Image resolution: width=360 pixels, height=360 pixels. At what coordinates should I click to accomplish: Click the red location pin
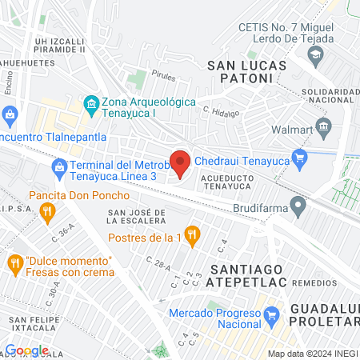click(x=180, y=162)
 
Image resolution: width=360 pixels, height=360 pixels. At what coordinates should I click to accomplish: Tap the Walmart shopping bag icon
click(x=324, y=126)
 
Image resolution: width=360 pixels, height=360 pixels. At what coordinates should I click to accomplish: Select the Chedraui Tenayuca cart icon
click(x=300, y=157)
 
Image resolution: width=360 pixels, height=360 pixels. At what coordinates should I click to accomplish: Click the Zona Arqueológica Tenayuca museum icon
click(x=90, y=104)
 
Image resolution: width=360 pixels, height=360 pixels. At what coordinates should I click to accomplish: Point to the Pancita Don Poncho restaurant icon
click(x=47, y=212)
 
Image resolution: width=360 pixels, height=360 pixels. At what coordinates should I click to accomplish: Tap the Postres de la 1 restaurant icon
click(x=191, y=234)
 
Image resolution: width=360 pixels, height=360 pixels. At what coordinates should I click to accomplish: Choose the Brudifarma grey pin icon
click(x=298, y=210)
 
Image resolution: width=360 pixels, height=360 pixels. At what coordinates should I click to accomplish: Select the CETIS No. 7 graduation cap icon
click(x=315, y=55)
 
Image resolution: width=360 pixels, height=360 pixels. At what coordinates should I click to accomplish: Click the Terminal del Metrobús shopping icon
click(x=59, y=167)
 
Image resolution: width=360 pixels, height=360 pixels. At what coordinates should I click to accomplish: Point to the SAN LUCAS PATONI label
click(x=239, y=73)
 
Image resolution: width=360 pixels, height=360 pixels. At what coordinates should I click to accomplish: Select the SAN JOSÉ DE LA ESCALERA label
click(x=137, y=217)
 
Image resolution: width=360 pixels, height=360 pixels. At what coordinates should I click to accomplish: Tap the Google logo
click(x=26, y=350)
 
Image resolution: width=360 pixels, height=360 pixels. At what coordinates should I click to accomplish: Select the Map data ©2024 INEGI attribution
click(x=312, y=353)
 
